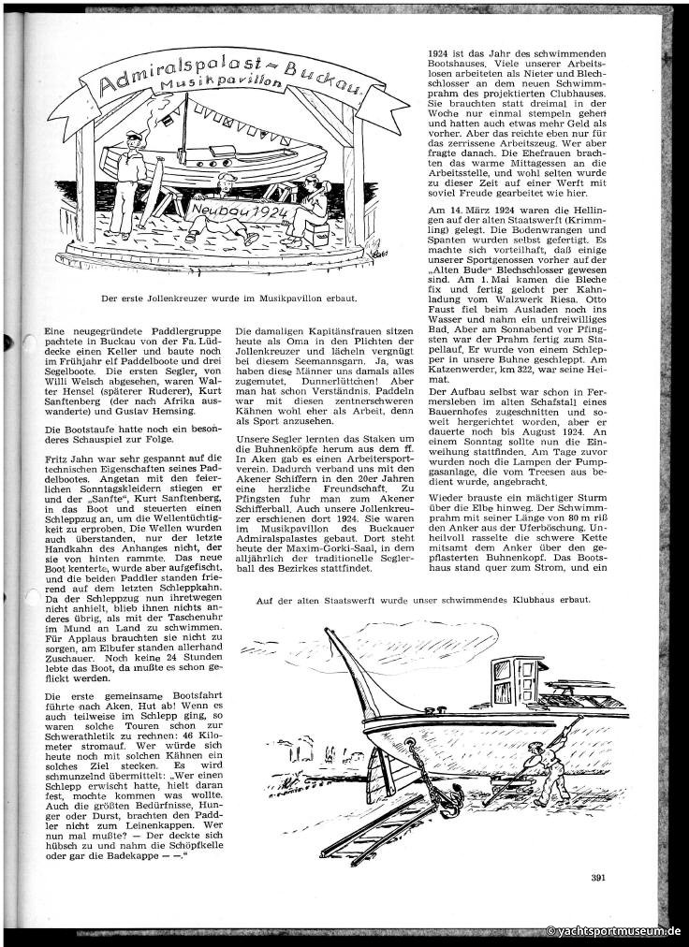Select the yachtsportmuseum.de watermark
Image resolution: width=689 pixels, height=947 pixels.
pyautogui.click(x=613, y=932)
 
